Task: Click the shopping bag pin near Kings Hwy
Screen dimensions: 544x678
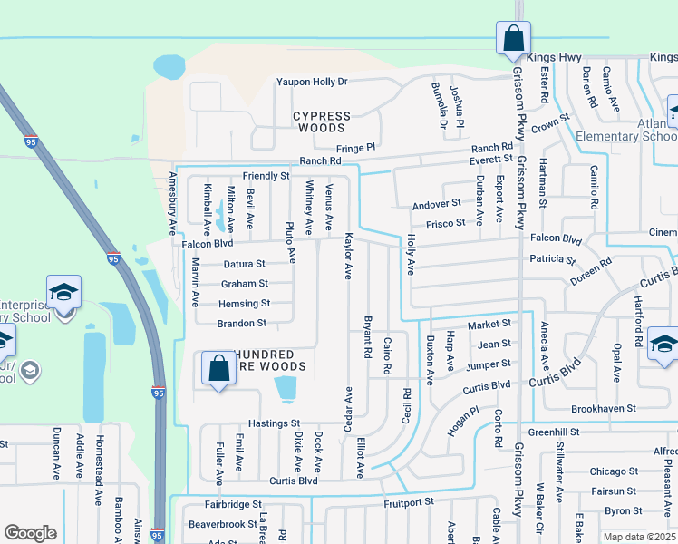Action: [513, 39]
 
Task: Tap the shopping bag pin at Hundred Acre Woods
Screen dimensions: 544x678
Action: [218, 369]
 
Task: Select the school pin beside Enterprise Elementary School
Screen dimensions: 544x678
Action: [63, 294]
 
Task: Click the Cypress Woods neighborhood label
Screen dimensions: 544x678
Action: [322, 122]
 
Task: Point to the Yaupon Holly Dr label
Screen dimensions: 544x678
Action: [312, 82]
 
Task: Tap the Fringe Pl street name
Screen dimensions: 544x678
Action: [356, 147]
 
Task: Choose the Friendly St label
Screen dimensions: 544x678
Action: [266, 175]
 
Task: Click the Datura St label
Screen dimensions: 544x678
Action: [244, 265]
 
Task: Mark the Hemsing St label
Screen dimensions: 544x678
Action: [244, 304]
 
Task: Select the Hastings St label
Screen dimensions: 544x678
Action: [274, 423]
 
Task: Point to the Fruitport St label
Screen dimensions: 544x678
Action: [409, 500]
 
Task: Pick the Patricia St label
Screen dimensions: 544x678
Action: [553, 259]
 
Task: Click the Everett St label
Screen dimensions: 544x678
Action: [490, 159]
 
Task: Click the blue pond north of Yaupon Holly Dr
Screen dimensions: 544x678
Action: [169, 66]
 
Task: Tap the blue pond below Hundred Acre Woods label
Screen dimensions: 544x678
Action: [285, 389]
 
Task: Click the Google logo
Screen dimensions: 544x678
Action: [30, 533]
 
